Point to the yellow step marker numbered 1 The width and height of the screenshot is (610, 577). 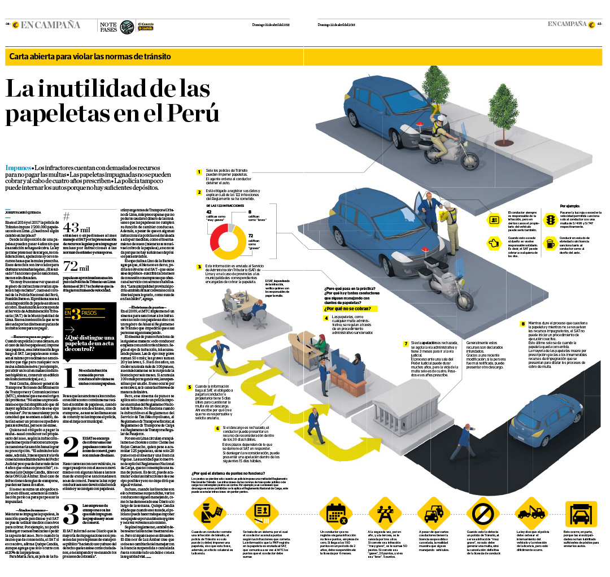tap(199, 172)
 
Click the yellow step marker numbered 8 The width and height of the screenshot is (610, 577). tap(523, 324)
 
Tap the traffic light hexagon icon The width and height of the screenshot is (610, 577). tap(550, 219)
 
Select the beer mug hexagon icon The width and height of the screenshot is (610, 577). tap(550, 244)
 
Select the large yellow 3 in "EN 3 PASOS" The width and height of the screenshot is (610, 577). tap(76, 313)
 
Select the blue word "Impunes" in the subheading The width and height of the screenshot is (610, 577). tap(18, 168)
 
